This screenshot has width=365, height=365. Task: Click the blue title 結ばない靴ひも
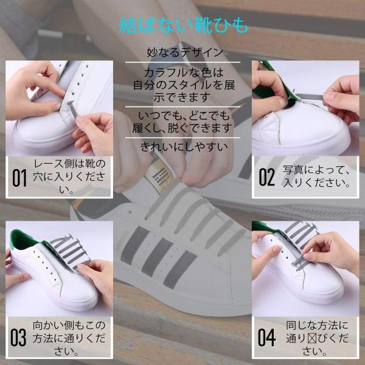tap(184, 25)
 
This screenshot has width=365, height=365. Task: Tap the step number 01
tap(19, 178)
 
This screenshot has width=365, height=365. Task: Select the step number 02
tap(267, 177)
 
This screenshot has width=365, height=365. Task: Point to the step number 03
tap(18, 338)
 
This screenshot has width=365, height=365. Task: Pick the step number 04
tap(266, 338)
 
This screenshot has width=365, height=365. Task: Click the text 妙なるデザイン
tap(185, 52)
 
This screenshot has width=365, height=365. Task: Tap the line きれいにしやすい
tap(184, 147)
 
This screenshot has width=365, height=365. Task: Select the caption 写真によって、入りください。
tap(316, 176)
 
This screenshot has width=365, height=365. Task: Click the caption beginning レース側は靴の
tap(69, 177)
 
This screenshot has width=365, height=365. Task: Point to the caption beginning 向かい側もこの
tap(69, 338)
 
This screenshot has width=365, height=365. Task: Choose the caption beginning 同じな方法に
tap(317, 338)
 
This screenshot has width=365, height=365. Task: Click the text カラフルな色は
tap(184, 73)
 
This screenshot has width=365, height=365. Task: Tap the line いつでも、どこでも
tap(184, 116)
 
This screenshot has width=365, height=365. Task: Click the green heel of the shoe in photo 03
tap(21, 239)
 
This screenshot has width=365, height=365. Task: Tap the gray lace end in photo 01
tap(72, 109)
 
